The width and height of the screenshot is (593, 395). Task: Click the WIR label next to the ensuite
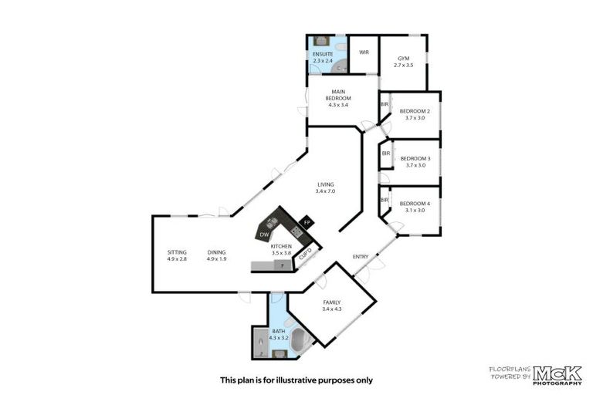[364, 52]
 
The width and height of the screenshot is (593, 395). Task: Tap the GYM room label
[403, 59]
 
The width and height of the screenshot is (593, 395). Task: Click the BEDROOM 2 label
[415, 111]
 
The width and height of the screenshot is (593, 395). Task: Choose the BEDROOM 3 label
[415, 159]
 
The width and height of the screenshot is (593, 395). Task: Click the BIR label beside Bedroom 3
[385, 154]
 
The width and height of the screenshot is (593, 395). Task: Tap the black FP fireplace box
[307, 222]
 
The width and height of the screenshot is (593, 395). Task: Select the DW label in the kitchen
[264, 234]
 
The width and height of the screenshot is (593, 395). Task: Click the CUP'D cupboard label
[305, 255]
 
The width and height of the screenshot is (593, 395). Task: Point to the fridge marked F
[283, 265]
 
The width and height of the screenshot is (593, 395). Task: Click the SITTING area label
[177, 252]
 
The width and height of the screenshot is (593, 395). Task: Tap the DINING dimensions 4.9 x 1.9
[217, 259]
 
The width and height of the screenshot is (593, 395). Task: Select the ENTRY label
[360, 256]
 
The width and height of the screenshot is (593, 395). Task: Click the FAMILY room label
[331, 302]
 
